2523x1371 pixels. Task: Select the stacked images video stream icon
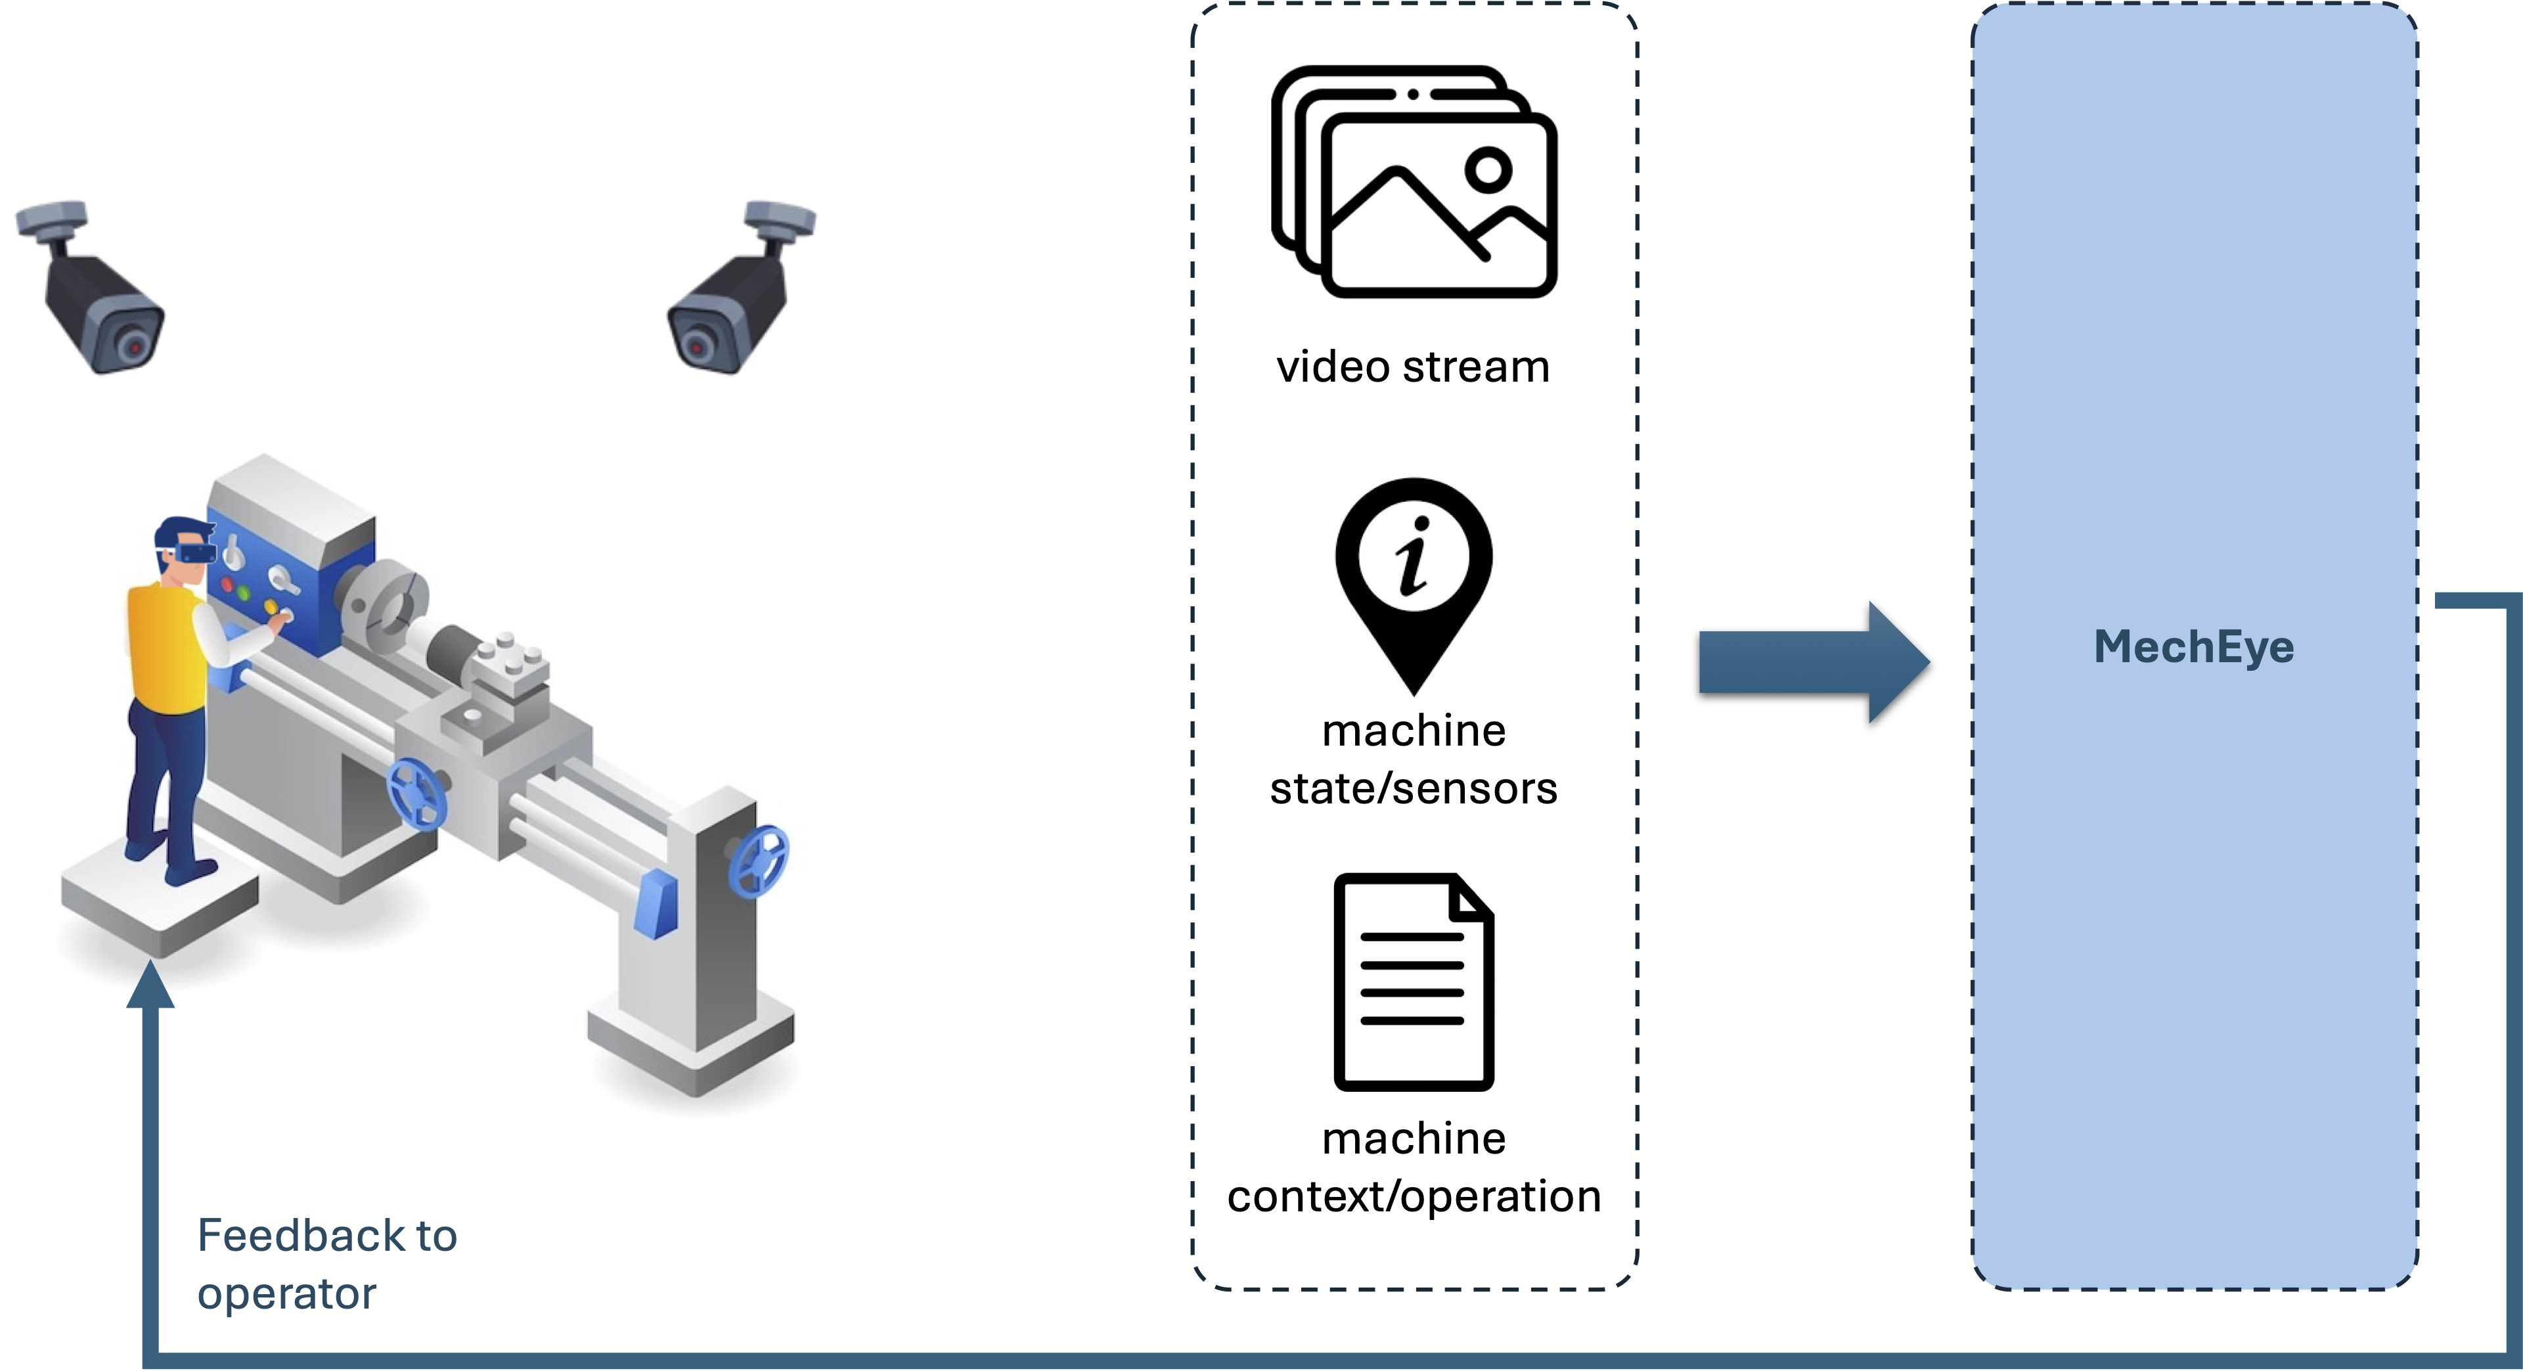[x=1414, y=182]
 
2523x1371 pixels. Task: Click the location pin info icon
[x=1414, y=578]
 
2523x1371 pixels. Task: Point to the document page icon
[x=1414, y=981]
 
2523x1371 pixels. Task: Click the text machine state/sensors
[x=1414, y=760]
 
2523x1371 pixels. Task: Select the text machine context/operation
[x=1414, y=1167]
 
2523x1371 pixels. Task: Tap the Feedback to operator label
[x=326, y=1265]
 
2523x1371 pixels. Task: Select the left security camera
[x=93, y=289]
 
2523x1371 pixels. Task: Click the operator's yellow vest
[x=164, y=646]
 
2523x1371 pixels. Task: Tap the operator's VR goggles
[x=194, y=553]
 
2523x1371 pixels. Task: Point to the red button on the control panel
[x=228, y=585]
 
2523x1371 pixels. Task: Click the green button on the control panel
[x=245, y=593]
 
